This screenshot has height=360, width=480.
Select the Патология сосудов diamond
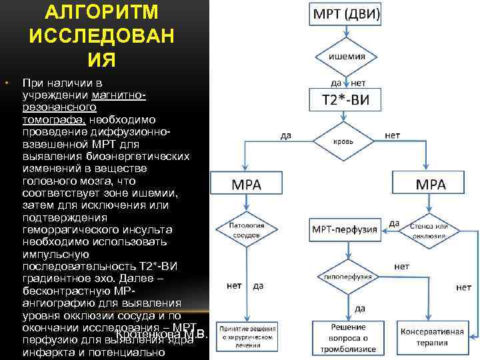pos(246,230)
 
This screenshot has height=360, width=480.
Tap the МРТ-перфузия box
pos(344,230)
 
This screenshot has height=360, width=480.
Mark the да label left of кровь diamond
pos(285,135)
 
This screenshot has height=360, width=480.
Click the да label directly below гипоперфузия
pos(360,309)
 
